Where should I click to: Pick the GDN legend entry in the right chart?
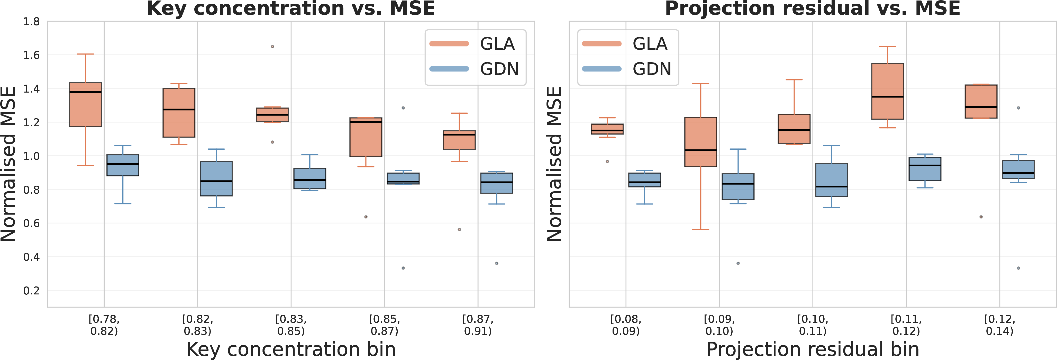(627, 69)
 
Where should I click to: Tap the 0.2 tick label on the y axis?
(32, 291)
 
